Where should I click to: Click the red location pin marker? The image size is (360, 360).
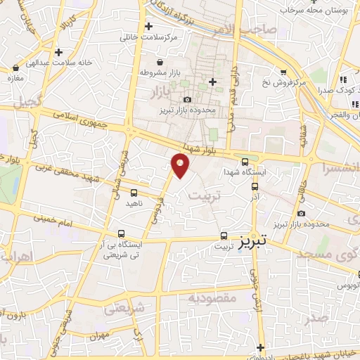[180, 166]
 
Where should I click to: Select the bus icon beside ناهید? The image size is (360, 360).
[134, 192]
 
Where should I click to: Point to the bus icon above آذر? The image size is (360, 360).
[255, 187]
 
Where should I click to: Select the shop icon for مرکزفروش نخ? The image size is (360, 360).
[283, 72]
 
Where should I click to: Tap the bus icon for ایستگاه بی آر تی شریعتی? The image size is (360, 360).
[122, 234]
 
